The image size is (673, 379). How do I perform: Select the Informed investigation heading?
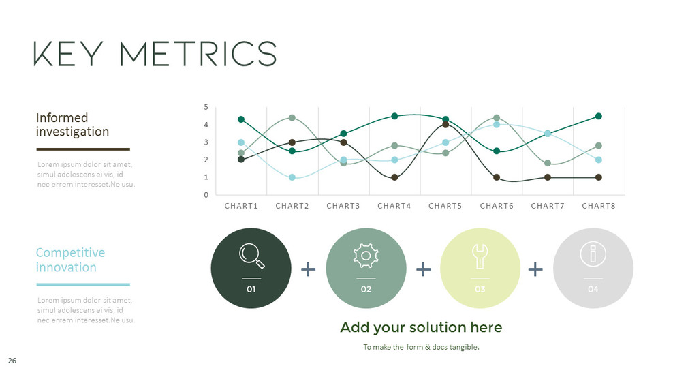click(x=72, y=124)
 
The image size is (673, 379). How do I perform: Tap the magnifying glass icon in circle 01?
click(x=251, y=256)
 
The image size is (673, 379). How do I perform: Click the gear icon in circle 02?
click(x=366, y=256)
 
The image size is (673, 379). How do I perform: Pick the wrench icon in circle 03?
click(x=480, y=256)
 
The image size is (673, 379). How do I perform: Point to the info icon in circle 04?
click(x=593, y=255)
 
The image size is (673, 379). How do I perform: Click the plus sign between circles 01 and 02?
click(x=309, y=269)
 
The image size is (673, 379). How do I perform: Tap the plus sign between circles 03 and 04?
click(x=535, y=269)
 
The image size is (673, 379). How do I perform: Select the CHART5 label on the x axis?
click(x=445, y=206)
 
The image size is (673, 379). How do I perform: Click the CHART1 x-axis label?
click(x=241, y=206)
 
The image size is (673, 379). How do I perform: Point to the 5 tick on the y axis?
click(x=207, y=108)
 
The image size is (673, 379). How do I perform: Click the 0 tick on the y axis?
click(x=207, y=195)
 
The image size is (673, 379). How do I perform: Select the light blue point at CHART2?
click(x=292, y=177)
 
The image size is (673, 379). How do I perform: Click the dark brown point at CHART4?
click(x=394, y=177)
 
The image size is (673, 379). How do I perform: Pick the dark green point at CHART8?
click(x=599, y=116)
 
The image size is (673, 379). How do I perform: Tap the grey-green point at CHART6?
click(x=497, y=118)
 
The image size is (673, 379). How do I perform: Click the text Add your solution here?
click(x=421, y=328)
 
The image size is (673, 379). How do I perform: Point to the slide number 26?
click(x=12, y=359)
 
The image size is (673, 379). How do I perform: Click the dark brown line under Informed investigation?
click(x=82, y=149)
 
